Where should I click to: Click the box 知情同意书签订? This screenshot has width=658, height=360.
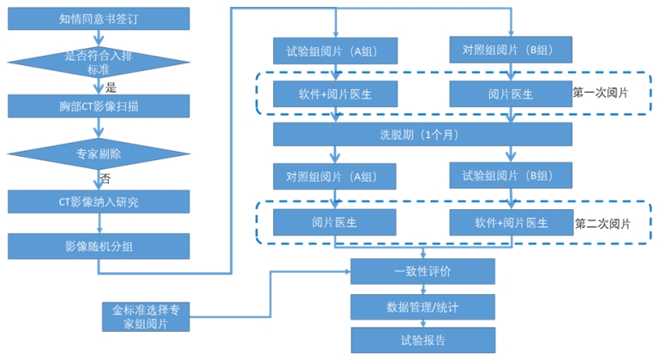[99, 18]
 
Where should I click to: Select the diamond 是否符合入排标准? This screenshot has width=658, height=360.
[99, 62]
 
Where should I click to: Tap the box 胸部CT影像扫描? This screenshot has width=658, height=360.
[99, 107]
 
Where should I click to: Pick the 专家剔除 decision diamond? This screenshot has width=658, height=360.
[99, 155]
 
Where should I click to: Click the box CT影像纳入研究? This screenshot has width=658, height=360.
[99, 201]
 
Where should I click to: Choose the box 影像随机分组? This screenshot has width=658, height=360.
[99, 246]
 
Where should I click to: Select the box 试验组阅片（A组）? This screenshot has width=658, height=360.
[335, 50]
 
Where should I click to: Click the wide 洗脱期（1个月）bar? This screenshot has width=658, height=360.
[422, 135]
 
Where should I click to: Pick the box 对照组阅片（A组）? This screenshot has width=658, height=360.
[335, 177]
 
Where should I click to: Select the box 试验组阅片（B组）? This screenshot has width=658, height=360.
[511, 176]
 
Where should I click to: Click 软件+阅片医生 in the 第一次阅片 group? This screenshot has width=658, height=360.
[335, 93]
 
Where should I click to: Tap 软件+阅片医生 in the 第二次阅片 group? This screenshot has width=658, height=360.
[511, 222]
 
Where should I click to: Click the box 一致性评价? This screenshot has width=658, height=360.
[422, 271]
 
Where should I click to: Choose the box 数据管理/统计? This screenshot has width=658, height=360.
[422, 306]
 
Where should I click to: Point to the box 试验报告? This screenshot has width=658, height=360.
[422, 339]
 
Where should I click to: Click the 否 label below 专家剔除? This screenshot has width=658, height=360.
[105, 178]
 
